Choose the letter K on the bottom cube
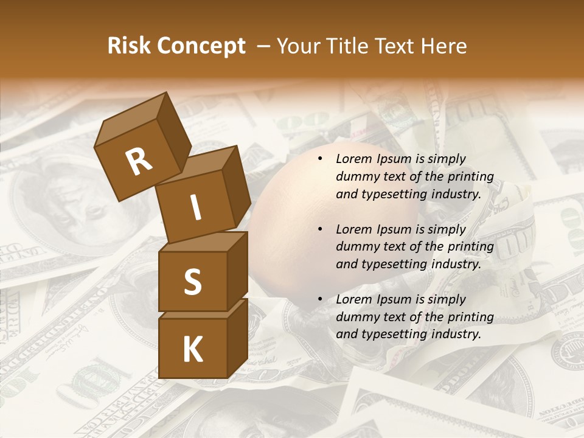point(192,349)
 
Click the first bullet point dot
point(320,159)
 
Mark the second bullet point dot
point(320,229)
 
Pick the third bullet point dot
point(320,299)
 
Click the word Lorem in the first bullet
point(352,159)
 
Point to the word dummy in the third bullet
point(355,317)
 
